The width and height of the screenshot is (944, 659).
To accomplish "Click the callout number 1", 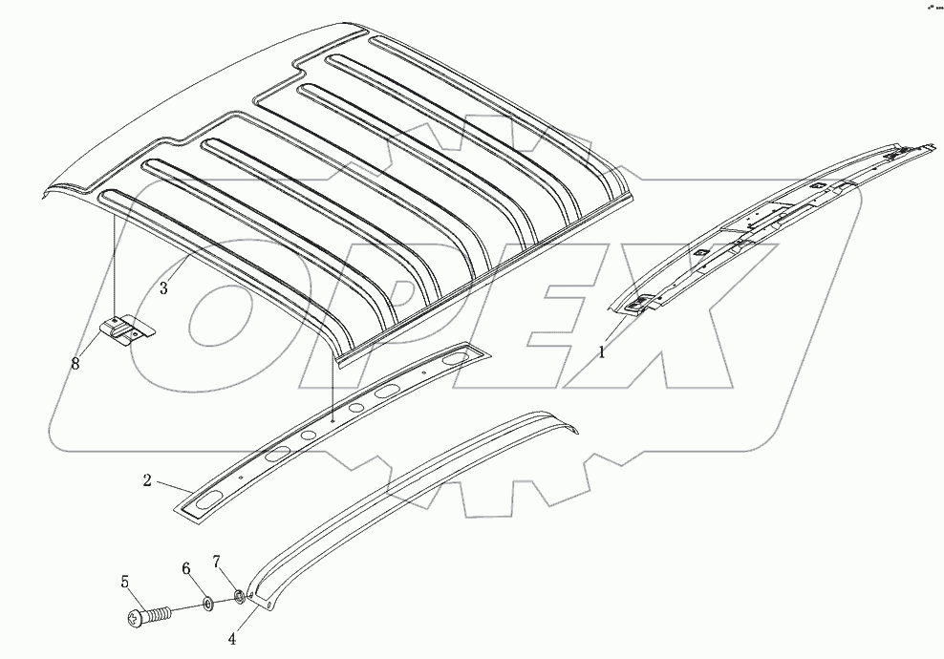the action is pyautogui.click(x=602, y=352).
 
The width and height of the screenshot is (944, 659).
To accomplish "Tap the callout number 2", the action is pyautogui.click(x=147, y=481).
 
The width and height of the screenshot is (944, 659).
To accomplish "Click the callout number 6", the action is pyautogui.click(x=186, y=568).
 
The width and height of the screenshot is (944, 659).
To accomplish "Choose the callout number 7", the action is pyautogui.click(x=217, y=560).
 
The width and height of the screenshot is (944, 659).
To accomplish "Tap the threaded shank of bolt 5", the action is pyautogui.click(x=162, y=611).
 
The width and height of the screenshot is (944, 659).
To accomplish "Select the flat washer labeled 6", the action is pyautogui.click(x=207, y=605).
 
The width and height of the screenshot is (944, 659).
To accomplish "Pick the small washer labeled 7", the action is pyautogui.click(x=239, y=599).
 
